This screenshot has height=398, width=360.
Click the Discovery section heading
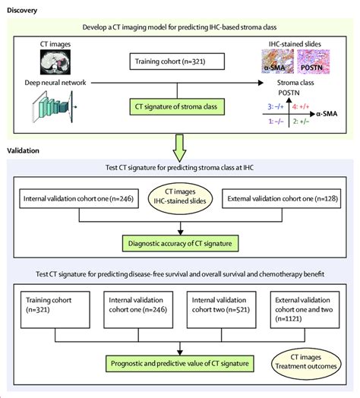point(22,10)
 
